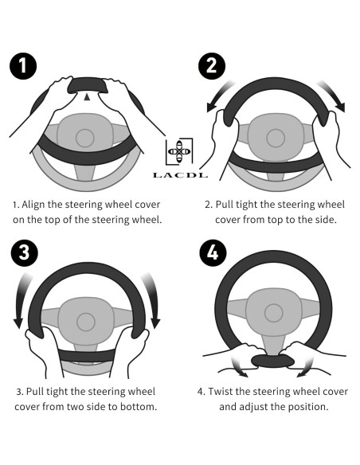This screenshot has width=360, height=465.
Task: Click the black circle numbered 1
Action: [23, 66]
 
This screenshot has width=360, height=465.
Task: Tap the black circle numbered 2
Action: [212, 66]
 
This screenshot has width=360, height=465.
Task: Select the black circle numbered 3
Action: [25, 253]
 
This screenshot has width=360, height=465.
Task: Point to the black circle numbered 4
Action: [213, 253]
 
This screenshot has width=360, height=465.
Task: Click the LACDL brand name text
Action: [180, 175]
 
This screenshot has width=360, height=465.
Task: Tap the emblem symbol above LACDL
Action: [179, 151]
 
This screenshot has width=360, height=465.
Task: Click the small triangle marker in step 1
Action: [87, 97]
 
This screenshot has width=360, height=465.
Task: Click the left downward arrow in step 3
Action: [22, 299]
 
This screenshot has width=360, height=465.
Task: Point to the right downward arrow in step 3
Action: [152, 299]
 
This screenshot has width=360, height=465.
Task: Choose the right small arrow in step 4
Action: [305, 367]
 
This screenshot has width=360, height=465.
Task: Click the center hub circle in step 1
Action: [85, 138]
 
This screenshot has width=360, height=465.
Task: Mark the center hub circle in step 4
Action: [274, 313]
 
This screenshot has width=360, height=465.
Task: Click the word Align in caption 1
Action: [31, 205]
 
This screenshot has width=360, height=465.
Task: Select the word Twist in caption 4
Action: [220, 392]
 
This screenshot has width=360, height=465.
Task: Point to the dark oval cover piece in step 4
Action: [272, 361]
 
